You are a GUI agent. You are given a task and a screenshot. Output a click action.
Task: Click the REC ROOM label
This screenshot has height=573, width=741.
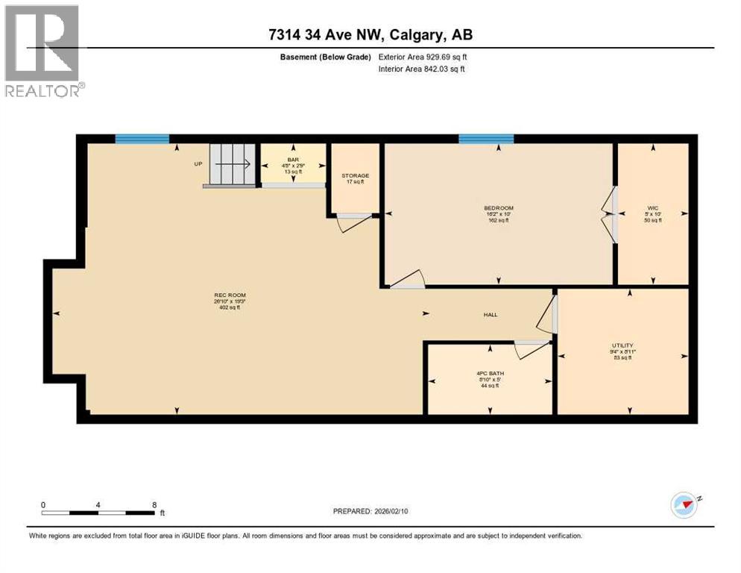tap(230, 295)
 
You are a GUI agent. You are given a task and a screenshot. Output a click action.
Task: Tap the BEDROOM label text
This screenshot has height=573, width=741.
tap(499, 208)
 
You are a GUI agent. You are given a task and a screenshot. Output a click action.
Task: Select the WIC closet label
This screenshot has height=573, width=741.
tap(653, 208)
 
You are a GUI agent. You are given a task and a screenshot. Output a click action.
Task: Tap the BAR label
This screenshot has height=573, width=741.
tap(292, 159)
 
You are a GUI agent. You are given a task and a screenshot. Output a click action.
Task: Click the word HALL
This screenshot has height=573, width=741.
tap(490, 315)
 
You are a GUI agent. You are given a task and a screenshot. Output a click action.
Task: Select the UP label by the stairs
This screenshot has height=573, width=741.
tap(198, 164)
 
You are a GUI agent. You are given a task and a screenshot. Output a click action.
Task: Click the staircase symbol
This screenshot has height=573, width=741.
tap(232, 165)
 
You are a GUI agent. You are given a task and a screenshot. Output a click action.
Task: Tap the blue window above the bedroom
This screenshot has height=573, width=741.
tap(485, 138)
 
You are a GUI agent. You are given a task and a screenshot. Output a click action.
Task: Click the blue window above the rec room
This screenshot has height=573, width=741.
tap(142, 138)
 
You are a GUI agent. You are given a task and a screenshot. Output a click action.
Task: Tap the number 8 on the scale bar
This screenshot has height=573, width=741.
tap(154, 504)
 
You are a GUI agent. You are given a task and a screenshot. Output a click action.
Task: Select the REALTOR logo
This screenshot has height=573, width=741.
tap(42, 51)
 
